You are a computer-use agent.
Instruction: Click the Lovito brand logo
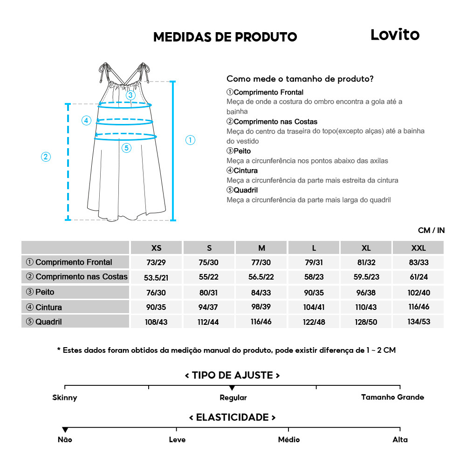pyautogui.click(x=395, y=34)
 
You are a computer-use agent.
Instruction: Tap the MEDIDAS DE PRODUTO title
pyautogui.click(x=225, y=37)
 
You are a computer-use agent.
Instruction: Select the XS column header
pyautogui.click(x=157, y=248)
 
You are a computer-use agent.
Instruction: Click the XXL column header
pyautogui.click(x=418, y=248)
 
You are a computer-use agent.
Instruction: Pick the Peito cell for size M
pyautogui.click(x=261, y=292)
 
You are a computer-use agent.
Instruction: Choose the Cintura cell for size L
pyautogui.click(x=314, y=307)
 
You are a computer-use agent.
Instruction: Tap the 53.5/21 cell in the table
pyautogui.click(x=156, y=277)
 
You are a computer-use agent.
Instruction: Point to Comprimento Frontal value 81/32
pyautogui.click(x=366, y=262)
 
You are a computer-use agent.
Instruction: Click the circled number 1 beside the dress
pyautogui.click(x=190, y=140)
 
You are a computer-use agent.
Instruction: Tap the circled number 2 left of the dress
pyautogui.click(x=46, y=157)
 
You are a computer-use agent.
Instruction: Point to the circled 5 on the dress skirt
pyautogui.click(x=127, y=148)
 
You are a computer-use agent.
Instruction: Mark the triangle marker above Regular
pyautogui.click(x=232, y=388)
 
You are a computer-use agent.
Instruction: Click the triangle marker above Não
pyautogui.click(x=65, y=430)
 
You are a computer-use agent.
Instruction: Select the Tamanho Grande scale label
pyautogui.click(x=392, y=397)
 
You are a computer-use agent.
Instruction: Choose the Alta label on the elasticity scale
pyautogui.click(x=400, y=439)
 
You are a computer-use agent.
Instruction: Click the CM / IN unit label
pyautogui.click(x=431, y=230)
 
